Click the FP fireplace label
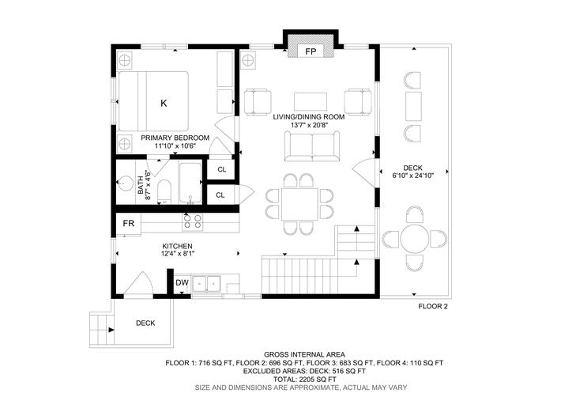(311, 51)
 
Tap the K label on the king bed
(164, 103)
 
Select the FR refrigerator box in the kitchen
(129, 224)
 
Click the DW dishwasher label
(182, 283)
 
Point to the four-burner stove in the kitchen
(193, 221)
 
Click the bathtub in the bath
(190, 183)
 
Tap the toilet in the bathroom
(164, 191)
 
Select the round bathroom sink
(125, 183)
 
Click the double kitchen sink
(207, 284)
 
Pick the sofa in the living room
(312, 146)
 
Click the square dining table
(299, 204)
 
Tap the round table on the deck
(414, 238)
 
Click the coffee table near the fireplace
(311, 101)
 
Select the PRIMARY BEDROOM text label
(175, 138)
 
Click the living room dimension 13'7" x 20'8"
(309, 125)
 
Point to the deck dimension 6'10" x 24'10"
(413, 176)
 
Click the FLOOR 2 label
(433, 306)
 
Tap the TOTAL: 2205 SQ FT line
(304, 379)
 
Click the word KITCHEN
(178, 246)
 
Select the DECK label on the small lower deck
(145, 323)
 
